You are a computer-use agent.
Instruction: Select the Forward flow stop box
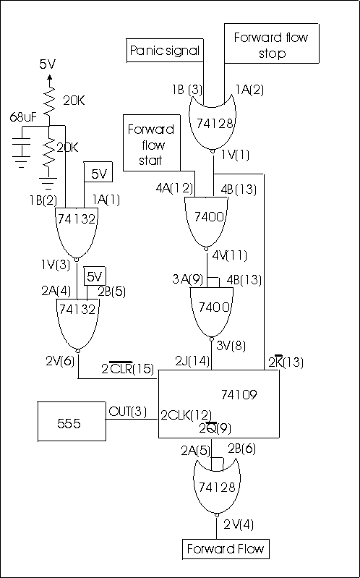(272, 43)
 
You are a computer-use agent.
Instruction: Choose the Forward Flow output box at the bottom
(226, 548)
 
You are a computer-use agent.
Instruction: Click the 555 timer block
(72, 421)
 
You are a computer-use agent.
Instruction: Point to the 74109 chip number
(239, 395)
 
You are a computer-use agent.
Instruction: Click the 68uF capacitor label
(22, 118)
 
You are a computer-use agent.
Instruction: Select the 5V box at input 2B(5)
(96, 277)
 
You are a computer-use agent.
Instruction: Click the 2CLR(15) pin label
(128, 368)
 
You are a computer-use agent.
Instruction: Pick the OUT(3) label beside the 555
(127, 410)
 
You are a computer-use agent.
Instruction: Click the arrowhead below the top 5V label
(49, 78)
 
